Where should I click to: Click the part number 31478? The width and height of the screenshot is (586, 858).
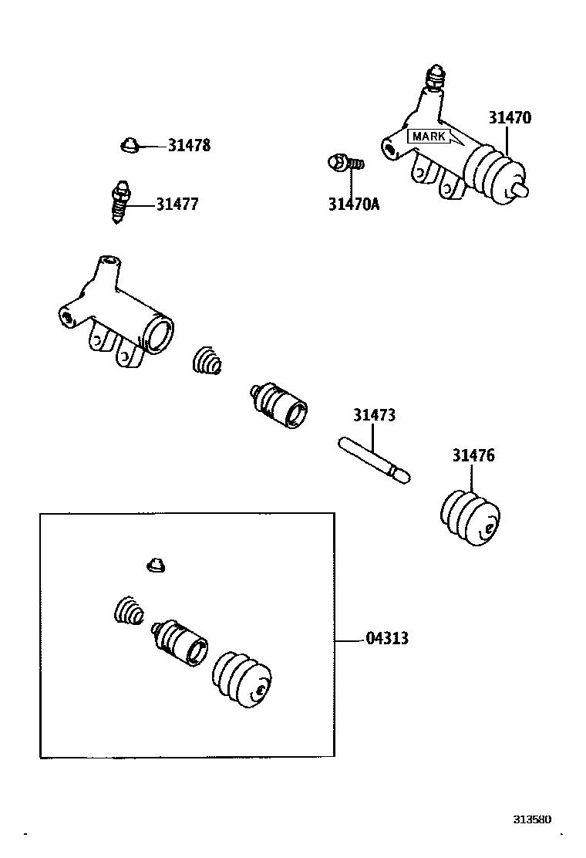[x=189, y=146]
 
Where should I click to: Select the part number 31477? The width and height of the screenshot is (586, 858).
[x=177, y=204]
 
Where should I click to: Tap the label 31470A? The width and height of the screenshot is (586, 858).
[x=354, y=204]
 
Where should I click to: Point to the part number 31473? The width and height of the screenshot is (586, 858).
[x=375, y=415]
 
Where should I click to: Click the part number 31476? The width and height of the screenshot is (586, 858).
[x=473, y=455]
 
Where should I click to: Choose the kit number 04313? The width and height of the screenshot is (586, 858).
[x=387, y=639]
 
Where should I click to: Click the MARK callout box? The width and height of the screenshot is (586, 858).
[x=429, y=137]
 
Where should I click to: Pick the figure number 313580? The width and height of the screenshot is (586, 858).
[x=533, y=819]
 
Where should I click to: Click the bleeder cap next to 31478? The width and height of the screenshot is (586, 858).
[x=130, y=144]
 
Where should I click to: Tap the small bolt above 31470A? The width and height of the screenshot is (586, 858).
[x=344, y=163]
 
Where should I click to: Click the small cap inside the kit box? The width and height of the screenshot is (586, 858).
[x=157, y=566]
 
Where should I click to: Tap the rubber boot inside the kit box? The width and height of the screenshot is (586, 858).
[x=242, y=679]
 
